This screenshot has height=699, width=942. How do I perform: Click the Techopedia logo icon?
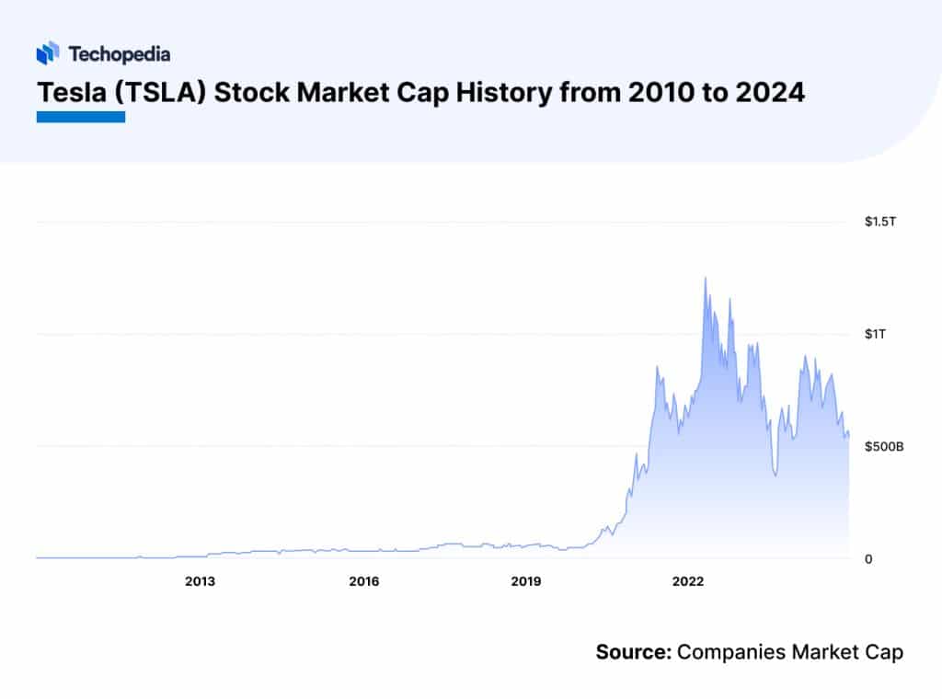point(48,54)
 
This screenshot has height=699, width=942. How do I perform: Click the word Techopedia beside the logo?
point(120,54)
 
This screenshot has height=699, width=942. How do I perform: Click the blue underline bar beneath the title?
point(80,117)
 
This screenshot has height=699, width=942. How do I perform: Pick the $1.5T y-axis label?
point(880,223)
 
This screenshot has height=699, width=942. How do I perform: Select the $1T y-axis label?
point(875,335)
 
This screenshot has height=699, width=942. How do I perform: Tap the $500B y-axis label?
point(884,447)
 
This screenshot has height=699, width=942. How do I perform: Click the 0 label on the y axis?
point(868,559)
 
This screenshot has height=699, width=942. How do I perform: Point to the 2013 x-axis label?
point(200,581)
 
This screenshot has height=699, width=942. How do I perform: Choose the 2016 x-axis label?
point(363,581)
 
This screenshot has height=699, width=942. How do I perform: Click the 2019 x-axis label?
point(526,581)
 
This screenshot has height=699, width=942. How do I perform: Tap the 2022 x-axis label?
point(689,581)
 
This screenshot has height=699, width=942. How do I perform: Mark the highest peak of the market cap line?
point(706,277)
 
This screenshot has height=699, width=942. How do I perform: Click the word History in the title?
point(498,93)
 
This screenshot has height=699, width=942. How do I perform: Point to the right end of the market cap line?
point(848,434)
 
